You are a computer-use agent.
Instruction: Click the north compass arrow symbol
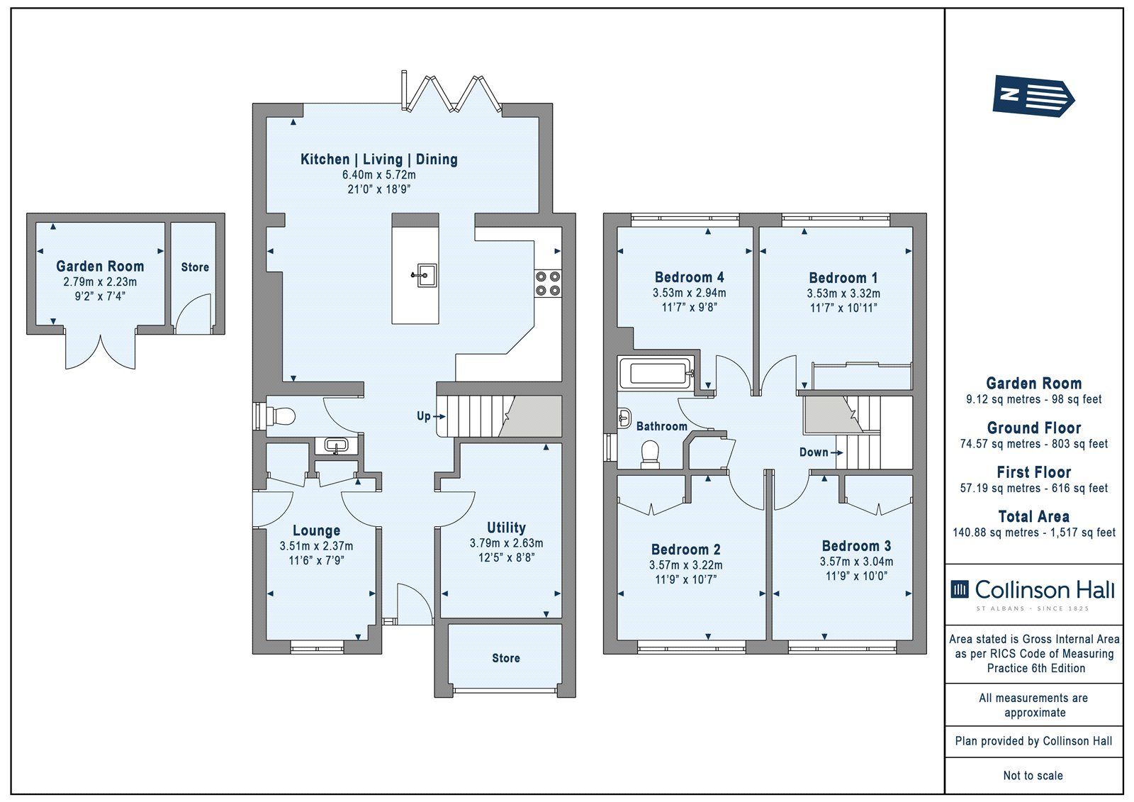1033,96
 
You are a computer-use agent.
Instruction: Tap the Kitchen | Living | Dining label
379,159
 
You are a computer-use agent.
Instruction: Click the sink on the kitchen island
425,275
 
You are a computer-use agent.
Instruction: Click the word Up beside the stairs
423,416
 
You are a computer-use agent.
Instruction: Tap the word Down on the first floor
814,452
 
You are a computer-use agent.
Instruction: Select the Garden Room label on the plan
100,266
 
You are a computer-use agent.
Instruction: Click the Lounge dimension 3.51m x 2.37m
316,546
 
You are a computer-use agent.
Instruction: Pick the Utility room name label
506,528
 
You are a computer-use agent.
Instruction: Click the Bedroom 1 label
843,278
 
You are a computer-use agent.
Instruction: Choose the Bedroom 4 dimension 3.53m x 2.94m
689,293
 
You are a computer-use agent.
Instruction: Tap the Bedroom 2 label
685,549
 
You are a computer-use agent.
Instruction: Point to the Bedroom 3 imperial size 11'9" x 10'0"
857,576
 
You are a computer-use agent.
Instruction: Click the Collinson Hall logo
1033,594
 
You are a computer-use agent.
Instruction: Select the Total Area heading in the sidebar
1034,516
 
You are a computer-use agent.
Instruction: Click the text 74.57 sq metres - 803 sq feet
1034,444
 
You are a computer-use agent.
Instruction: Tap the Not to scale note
1033,775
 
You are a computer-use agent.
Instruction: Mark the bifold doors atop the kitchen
451,91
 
